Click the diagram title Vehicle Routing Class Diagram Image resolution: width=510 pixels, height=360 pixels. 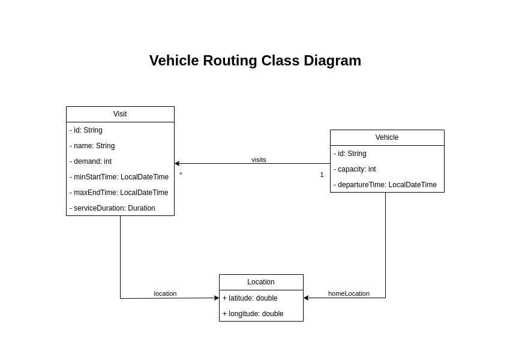[255, 61]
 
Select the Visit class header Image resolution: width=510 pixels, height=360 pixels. [120, 114]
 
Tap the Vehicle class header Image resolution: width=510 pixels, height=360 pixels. [387, 137]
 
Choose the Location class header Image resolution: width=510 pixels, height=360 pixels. [261, 282]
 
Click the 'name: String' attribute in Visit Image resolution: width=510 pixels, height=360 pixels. [92, 146]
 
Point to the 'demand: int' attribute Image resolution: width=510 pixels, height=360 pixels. [91, 161]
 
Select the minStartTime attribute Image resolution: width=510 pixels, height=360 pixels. [119, 177]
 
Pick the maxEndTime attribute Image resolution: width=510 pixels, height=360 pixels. [119, 193]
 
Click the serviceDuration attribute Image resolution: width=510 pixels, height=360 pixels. [112, 208]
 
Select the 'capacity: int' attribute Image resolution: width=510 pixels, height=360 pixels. [355, 169]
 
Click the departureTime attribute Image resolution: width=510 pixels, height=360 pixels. [385, 185]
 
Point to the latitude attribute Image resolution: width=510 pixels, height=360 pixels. [250, 298]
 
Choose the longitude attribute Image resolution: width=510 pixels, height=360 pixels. [253, 314]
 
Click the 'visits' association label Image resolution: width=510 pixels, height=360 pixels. [259, 160]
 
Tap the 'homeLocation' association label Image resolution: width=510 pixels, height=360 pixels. [349, 293]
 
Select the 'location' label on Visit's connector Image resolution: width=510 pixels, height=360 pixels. [165, 293]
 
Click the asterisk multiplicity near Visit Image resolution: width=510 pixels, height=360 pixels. [181, 175]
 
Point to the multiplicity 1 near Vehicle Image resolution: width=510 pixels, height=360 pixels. [322, 175]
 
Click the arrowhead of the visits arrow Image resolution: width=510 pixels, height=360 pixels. [177, 163]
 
